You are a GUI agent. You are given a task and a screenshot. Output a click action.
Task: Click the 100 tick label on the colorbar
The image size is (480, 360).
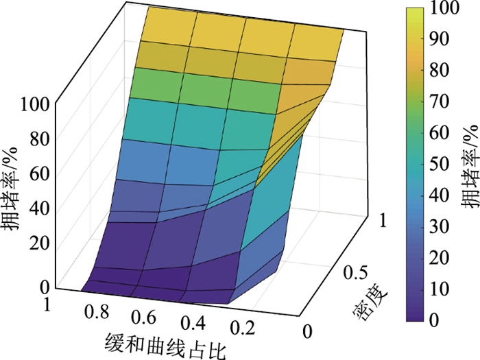[x=451, y=9]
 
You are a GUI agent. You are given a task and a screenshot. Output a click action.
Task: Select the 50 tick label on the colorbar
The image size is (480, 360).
[x=446, y=164]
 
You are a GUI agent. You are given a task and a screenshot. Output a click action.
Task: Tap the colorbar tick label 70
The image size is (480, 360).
[x=446, y=101]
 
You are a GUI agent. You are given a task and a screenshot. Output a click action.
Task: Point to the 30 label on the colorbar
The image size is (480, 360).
[x=446, y=226]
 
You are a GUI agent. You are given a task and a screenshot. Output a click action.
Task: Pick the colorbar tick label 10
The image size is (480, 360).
[x=446, y=288]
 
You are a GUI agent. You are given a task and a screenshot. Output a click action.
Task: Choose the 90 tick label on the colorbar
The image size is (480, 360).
[x=446, y=40]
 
